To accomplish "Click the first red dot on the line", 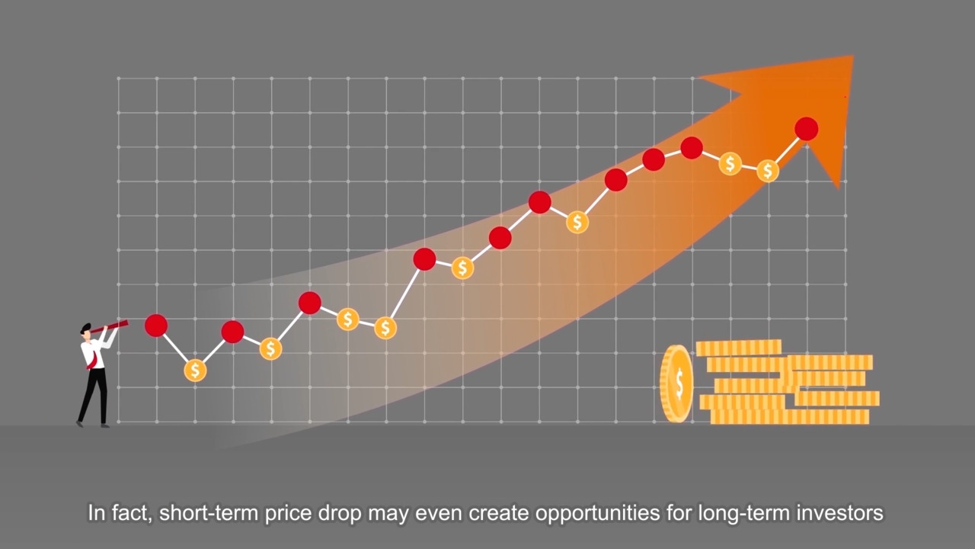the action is [156, 325].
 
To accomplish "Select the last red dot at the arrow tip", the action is [806, 129].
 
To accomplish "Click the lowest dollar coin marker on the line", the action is [195, 371].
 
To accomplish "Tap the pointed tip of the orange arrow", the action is [852, 56].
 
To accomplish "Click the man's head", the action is [86, 331].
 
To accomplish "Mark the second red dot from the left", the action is [232, 332].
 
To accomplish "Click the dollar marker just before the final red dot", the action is [767, 170].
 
